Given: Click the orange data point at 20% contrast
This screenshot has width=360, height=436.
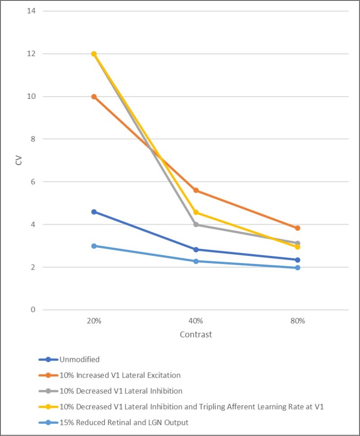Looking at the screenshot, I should pyautogui.click(x=94, y=97).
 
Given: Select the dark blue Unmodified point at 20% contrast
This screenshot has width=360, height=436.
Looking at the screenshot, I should pyautogui.click(x=94, y=211).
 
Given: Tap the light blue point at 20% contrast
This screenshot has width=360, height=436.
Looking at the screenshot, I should pyautogui.click(x=94, y=246).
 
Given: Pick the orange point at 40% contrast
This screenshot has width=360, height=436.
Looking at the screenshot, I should pyautogui.click(x=196, y=190).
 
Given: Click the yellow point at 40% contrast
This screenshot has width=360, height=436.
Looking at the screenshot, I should pyautogui.click(x=196, y=212).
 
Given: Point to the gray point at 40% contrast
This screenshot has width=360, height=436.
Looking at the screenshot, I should pyautogui.click(x=196, y=225).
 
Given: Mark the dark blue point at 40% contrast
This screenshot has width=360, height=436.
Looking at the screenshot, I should pyautogui.click(x=196, y=250).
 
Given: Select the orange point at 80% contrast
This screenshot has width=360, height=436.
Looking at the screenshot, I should pyautogui.click(x=298, y=228).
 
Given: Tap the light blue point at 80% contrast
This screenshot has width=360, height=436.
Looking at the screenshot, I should pyautogui.click(x=298, y=268).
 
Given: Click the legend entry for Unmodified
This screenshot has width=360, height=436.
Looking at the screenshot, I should pyautogui.click(x=79, y=359).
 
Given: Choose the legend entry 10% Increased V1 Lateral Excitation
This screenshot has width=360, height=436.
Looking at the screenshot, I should pyautogui.click(x=120, y=375).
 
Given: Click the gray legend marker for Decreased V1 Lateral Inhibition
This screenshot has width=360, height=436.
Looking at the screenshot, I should pyautogui.click(x=48, y=391).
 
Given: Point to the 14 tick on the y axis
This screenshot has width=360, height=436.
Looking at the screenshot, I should pyautogui.click(x=32, y=11).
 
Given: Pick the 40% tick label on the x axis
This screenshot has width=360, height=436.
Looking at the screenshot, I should pyautogui.click(x=196, y=321).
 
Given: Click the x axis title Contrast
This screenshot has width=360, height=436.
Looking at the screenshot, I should pyautogui.click(x=196, y=335).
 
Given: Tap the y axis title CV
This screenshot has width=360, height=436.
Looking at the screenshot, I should pyautogui.click(x=18, y=160).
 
